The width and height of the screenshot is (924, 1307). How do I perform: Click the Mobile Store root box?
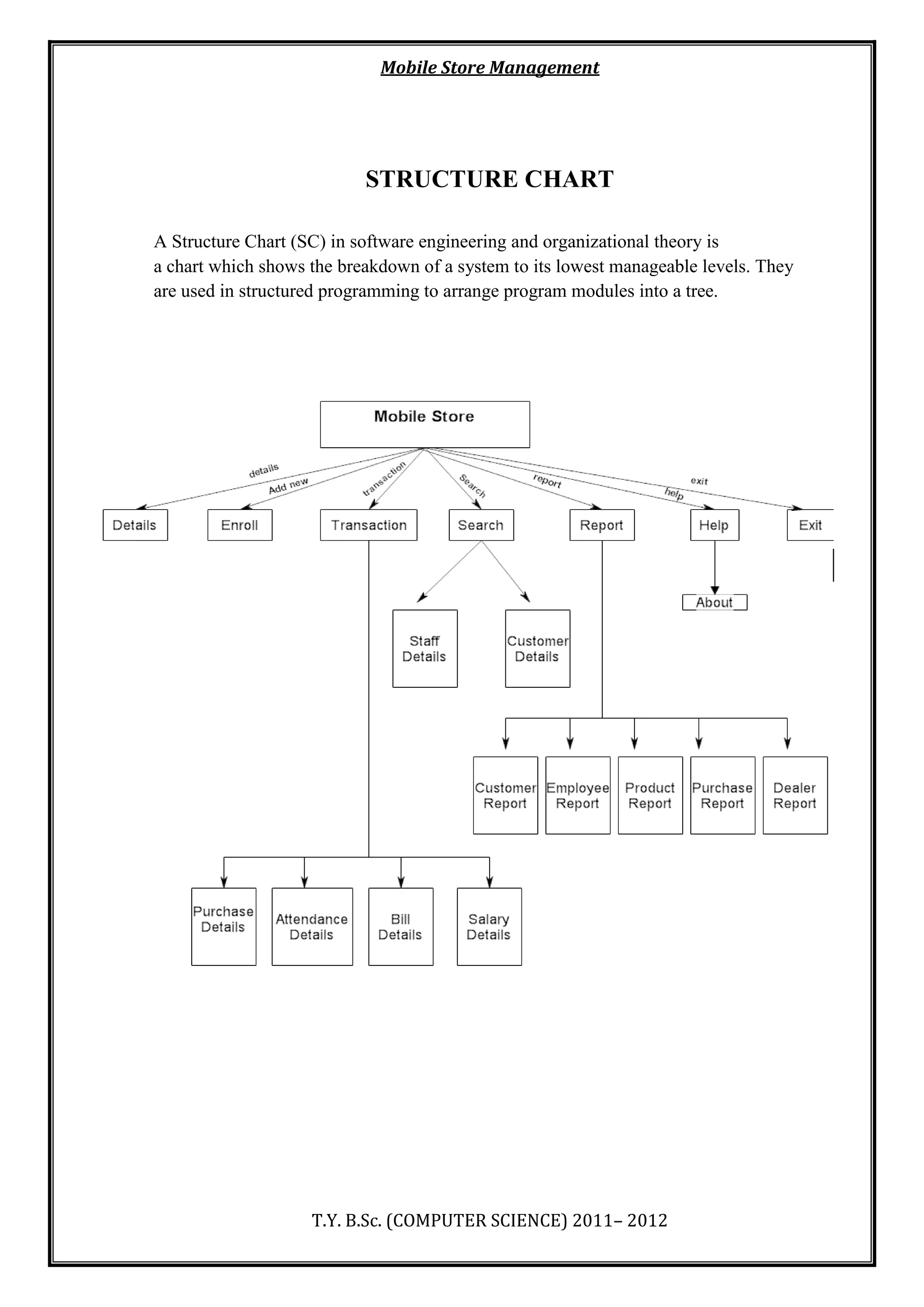[x=425, y=424]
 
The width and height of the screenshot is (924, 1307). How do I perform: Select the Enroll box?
[x=240, y=525]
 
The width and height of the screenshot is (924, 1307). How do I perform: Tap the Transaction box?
[x=368, y=525]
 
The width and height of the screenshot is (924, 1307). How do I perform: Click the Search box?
[x=481, y=525]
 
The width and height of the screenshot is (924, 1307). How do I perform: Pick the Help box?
[x=714, y=525]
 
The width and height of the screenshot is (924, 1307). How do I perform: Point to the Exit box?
[x=810, y=525]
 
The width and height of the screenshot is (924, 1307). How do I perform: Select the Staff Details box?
[x=425, y=649]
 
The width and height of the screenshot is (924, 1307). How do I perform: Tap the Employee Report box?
[x=577, y=795]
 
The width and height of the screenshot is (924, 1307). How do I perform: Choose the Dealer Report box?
[x=795, y=795]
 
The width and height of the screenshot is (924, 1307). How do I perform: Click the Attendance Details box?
[x=312, y=926]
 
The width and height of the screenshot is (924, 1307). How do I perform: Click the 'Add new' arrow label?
[x=288, y=486]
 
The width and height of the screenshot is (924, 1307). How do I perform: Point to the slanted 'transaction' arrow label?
[x=384, y=478]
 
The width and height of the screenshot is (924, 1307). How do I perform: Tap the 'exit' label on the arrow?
[x=699, y=481]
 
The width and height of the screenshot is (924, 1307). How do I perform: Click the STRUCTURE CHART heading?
[x=490, y=179]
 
